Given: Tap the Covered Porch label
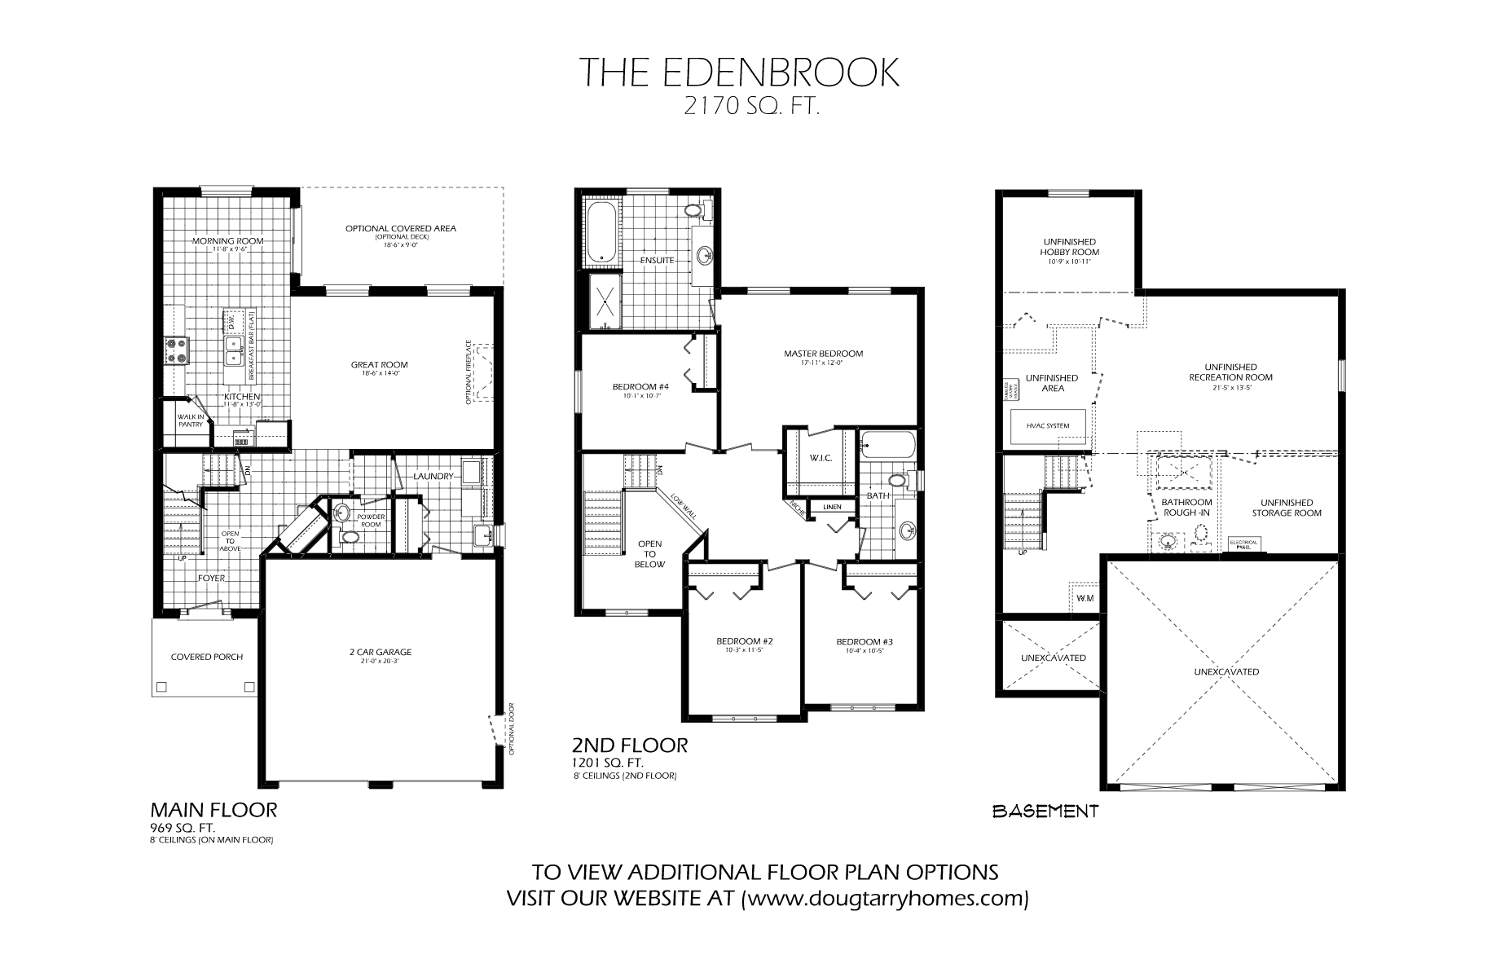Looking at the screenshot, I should pos(206,657).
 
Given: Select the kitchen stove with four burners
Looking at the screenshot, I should pos(176,350).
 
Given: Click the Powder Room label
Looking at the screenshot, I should pos(371,521).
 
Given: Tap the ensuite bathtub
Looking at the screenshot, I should pos(601,234).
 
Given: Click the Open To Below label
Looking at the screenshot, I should pos(650,554).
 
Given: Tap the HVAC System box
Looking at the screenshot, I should pos(1051,426).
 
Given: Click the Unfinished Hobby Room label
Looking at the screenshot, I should pos(1068,248).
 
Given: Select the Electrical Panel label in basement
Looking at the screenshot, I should pos(1243,543).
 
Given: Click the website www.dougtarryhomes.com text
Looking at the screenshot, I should pos(886,899).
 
